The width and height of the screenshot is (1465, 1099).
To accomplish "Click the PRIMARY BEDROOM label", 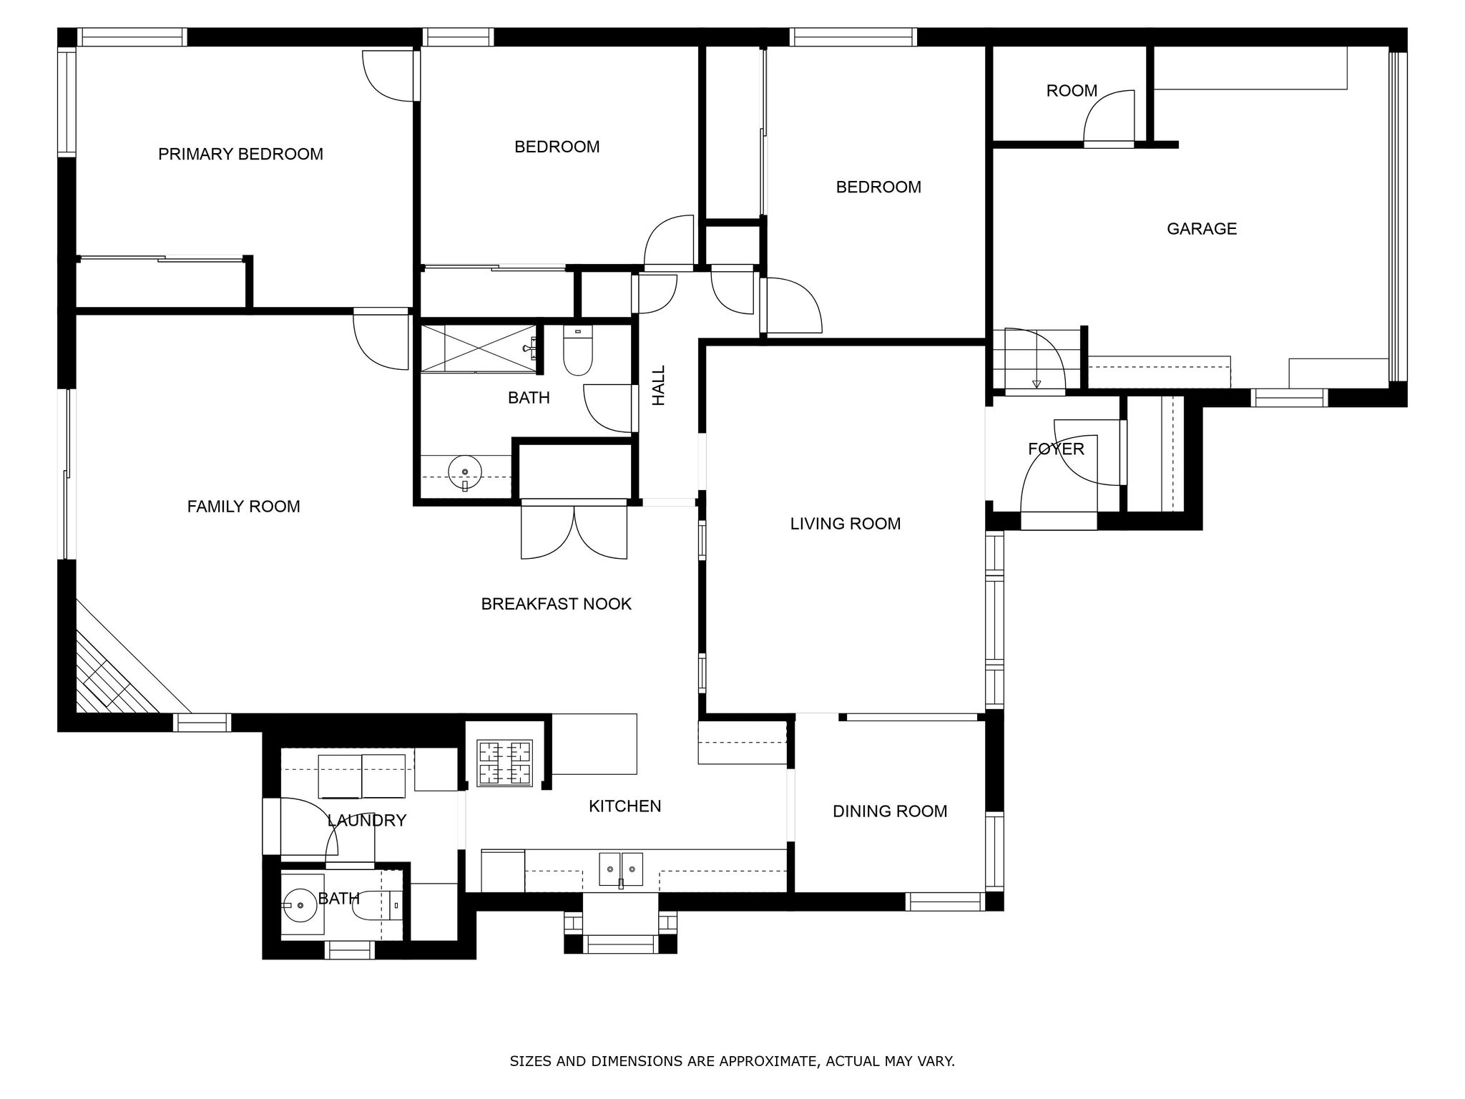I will click(x=240, y=154).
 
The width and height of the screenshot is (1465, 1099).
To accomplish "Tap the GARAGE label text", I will click(x=1201, y=228).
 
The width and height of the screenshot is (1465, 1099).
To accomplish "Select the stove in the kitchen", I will click(x=505, y=763).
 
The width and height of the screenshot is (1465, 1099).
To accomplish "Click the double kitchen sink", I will click(x=620, y=869).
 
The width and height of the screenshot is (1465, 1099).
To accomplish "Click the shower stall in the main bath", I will click(x=478, y=348).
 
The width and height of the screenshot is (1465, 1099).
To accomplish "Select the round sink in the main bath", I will click(x=465, y=472).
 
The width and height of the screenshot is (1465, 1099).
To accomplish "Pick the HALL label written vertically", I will click(x=659, y=385).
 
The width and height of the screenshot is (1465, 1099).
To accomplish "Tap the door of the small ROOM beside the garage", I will click(x=1109, y=118).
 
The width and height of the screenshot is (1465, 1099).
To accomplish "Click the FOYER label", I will click(x=1056, y=449).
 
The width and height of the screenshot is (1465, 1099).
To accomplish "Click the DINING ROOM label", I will click(x=889, y=811).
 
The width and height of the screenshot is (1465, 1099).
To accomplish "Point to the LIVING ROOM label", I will click(x=845, y=523).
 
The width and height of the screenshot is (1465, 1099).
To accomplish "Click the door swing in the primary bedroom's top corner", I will click(x=388, y=75).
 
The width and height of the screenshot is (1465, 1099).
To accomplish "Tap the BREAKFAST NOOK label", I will click(x=556, y=604).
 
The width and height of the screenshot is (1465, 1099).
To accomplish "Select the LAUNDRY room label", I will click(x=366, y=820).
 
